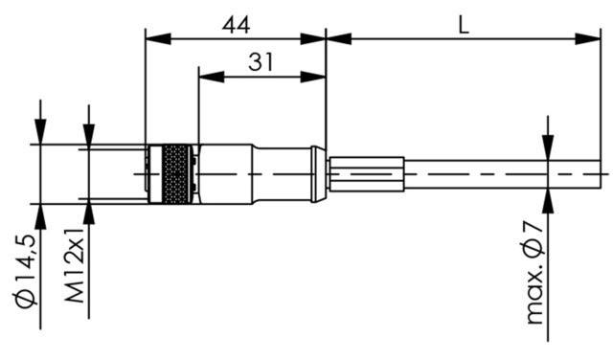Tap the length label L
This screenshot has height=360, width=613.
click(463, 25)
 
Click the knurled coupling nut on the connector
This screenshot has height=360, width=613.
click(174, 173)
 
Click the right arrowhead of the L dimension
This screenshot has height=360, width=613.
click(593, 38)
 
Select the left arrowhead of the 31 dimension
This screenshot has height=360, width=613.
click(204, 76)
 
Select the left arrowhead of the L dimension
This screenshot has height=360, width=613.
click(335, 38)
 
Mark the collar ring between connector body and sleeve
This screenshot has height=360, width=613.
click(319, 173)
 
